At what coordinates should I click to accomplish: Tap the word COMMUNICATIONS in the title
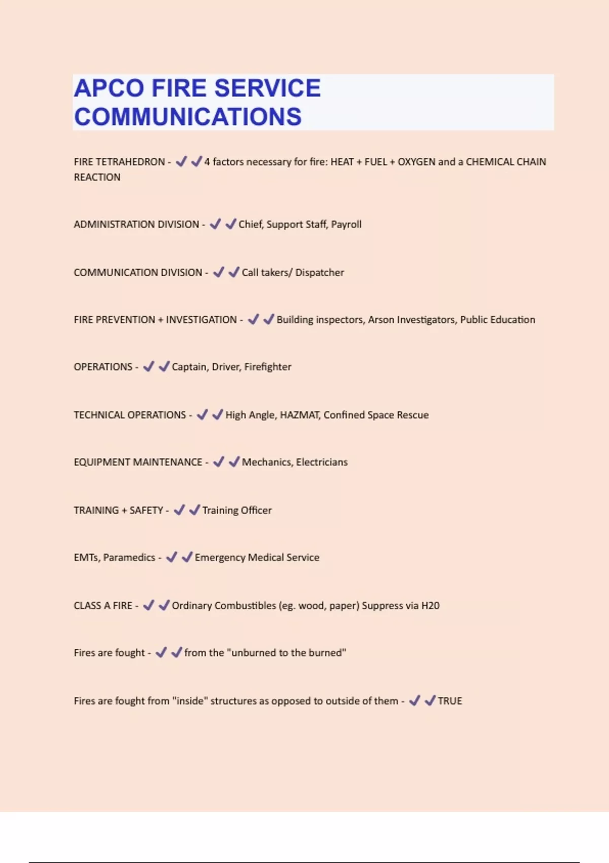tap(188, 117)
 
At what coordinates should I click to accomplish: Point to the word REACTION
tap(97, 177)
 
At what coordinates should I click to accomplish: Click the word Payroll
tap(346, 224)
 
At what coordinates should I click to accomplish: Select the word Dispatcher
tap(320, 273)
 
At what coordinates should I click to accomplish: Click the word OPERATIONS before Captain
tap(103, 367)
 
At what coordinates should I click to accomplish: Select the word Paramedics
tap(129, 557)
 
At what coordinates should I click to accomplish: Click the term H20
tap(430, 606)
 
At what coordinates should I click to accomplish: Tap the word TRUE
tap(450, 701)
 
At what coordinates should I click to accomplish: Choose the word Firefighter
tap(267, 367)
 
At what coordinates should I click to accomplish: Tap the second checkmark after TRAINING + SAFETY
tap(194, 510)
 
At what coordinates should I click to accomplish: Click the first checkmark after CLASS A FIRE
tap(149, 605)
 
